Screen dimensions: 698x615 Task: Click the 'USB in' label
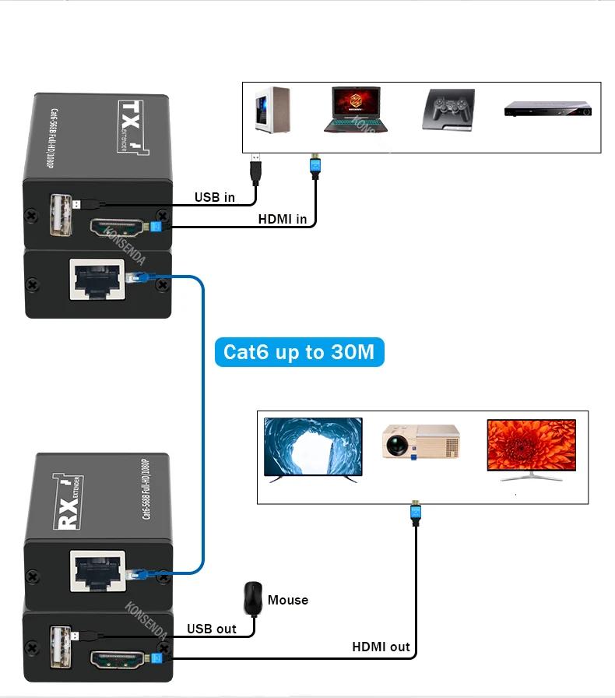click(214, 197)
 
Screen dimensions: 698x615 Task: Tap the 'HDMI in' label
click(282, 220)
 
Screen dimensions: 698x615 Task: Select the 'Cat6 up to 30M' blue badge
click(299, 352)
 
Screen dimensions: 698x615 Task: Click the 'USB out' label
click(211, 629)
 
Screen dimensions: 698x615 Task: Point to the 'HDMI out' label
click(381, 647)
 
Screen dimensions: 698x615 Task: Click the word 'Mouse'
click(288, 600)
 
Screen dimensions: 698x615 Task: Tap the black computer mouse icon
click(251, 598)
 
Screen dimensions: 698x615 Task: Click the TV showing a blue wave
click(313, 449)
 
